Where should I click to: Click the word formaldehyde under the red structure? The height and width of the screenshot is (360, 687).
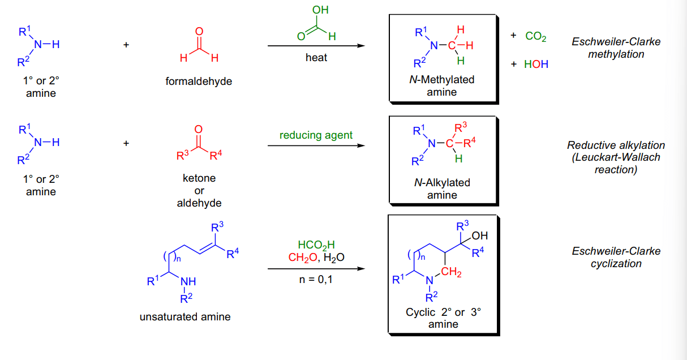coord(199,82)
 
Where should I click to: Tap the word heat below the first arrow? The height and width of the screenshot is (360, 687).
coord(316,57)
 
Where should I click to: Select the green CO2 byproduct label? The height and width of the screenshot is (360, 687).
coord(536,36)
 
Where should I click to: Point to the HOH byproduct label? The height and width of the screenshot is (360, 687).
coord(536,64)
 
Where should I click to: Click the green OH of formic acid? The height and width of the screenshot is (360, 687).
coord(320,10)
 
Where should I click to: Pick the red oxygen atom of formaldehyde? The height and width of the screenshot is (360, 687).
coord(199,31)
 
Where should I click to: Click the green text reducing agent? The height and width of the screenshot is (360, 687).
coord(316,135)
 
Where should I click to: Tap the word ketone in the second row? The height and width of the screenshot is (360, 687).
coord(199,178)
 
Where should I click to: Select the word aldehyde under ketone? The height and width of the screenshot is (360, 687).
coord(199,203)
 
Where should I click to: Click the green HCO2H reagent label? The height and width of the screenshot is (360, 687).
coord(316,245)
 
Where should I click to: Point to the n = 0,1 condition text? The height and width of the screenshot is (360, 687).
coord(316,280)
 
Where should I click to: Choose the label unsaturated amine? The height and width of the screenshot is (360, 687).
coord(185,316)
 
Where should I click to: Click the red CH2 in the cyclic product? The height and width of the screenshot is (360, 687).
coord(451,272)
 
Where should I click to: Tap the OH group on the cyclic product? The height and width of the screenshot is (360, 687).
coord(480,235)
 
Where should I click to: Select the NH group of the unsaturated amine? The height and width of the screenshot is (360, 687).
coord(188,281)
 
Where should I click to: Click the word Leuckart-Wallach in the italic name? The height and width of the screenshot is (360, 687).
coord(616,157)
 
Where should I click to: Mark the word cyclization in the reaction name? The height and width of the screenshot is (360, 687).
coord(616,263)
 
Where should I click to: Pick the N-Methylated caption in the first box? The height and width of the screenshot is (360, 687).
coord(441,80)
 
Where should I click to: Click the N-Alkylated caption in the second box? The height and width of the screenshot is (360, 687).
coord(442,182)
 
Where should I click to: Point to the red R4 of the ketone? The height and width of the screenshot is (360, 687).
coord(216,155)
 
